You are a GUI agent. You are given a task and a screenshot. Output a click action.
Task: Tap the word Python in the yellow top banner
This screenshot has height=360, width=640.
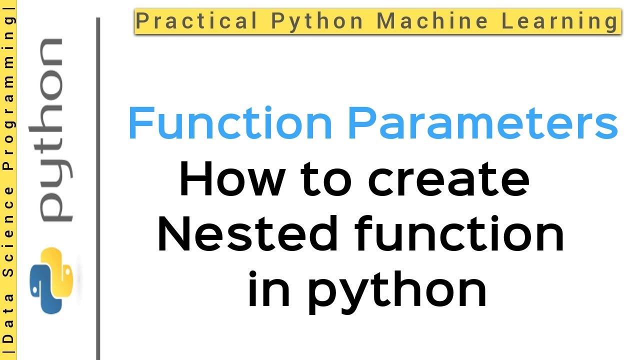coord(317,21)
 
